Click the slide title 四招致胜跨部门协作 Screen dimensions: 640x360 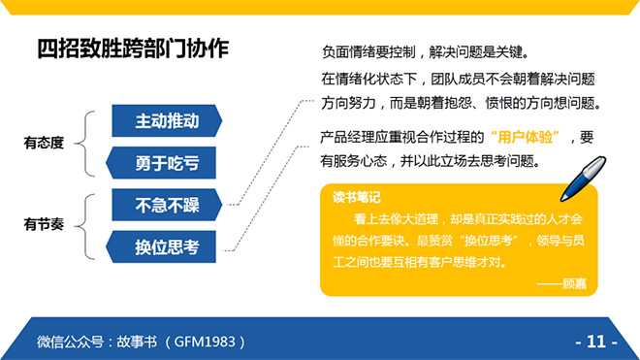[133, 49]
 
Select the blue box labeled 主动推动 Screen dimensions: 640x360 [167, 120]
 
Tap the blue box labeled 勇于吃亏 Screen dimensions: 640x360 [161, 163]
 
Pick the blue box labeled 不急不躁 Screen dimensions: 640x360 [167, 205]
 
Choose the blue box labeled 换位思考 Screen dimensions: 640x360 [161, 246]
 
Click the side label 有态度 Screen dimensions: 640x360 [44, 143]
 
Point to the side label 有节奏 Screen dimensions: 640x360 [44, 224]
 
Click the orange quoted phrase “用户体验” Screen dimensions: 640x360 [525, 137]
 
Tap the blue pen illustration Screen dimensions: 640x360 [584, 179]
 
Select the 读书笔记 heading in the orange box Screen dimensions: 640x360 [356, 197]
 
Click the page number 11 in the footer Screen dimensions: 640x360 [596, 342]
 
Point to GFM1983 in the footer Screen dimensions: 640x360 [205, 342]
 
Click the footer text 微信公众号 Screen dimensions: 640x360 [70, 342]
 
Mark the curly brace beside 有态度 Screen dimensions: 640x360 [85, 144]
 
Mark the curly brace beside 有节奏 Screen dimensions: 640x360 [85, 227]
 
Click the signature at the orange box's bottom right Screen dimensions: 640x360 [562, 283]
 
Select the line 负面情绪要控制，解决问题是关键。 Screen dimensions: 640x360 [426, 51]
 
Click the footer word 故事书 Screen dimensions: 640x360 [137, 342]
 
